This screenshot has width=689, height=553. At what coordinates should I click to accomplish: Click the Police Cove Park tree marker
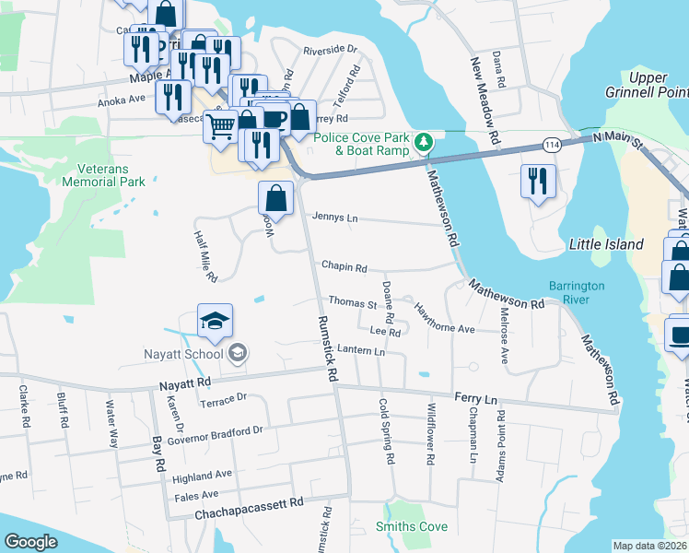coord(424,142)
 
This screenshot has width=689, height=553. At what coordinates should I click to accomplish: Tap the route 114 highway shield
coord(552,146)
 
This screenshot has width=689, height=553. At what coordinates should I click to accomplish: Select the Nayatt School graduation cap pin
coord(215,321)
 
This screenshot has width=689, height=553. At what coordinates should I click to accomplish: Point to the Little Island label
coord(606,244)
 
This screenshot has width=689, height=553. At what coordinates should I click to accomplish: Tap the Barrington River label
coord(577,293)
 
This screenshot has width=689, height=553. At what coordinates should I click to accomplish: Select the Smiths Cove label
coord(412,527)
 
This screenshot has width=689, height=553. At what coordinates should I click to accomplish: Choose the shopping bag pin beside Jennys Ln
coord(276,197)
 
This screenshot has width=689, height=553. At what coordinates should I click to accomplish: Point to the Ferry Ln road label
coord(475,396)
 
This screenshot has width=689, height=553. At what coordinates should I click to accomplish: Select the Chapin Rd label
coord(344,267)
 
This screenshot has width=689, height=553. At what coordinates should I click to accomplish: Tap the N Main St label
coord(623,136)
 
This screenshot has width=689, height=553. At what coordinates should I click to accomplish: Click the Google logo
coord(31,542)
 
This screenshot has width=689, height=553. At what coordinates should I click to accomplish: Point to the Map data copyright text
coord(649,546)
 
